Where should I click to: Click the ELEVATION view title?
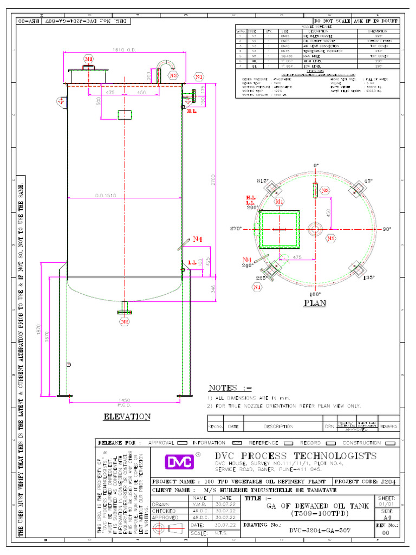[127, 417]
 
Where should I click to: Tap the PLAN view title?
[315, 303]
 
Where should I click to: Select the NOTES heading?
[230, 388]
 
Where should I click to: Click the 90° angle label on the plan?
[387, 229]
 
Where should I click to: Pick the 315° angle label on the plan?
[263, 180]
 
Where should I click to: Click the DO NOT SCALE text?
[332, 21]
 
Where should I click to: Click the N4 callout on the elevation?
[199, 238]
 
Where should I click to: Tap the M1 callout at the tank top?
[88, 58]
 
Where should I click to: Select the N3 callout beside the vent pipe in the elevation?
[173, 76]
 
